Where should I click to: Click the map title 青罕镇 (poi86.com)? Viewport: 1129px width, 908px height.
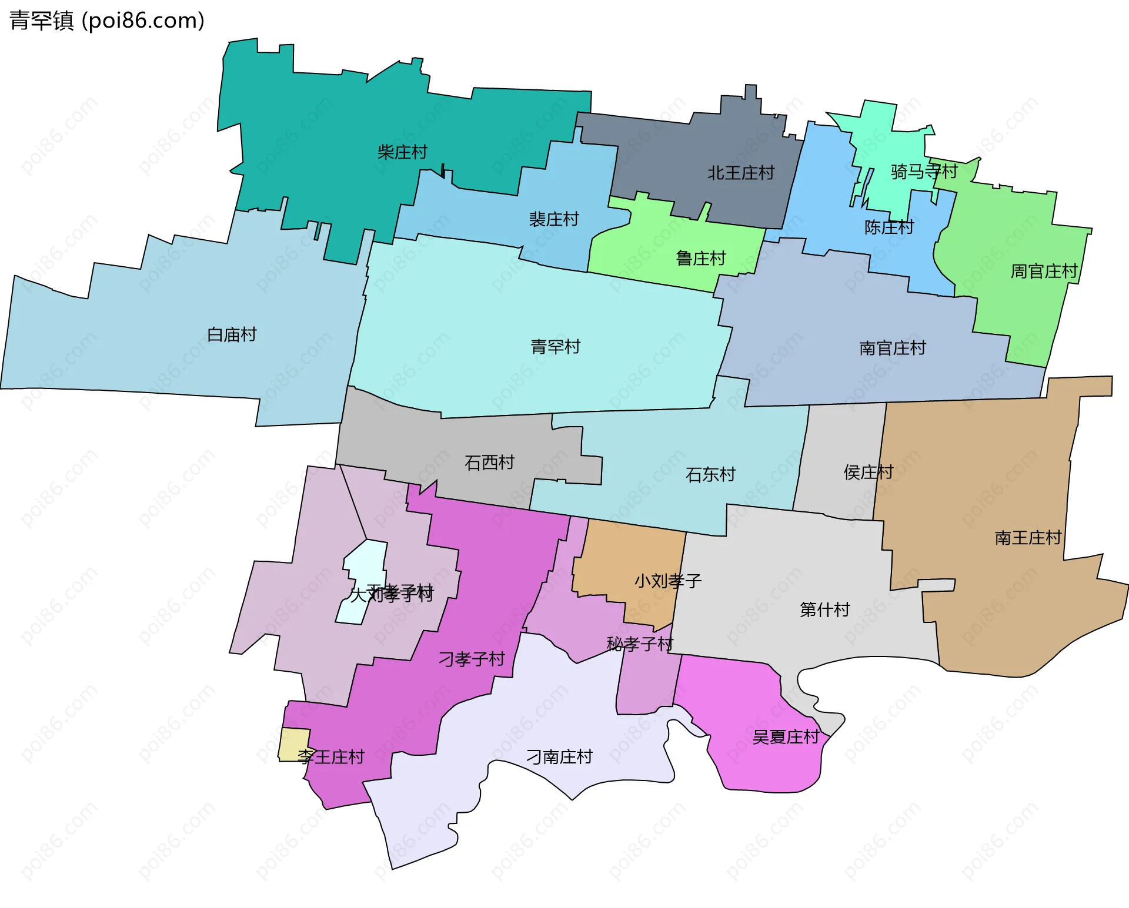click(x=107, y=21)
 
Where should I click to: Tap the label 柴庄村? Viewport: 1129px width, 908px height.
click(x=402, y=152)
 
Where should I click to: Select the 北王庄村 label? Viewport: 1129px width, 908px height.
click(x=741, y=173)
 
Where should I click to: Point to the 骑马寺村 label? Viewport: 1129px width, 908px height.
click(x=924, y=172)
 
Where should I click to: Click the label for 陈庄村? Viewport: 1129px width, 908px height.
click(x=889, y=227)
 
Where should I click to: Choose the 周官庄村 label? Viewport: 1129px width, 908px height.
click(x=1044, y=271)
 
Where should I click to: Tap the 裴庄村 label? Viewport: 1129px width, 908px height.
click(x=554, y=219)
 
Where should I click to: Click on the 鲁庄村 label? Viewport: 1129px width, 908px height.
click(x=701, y=258)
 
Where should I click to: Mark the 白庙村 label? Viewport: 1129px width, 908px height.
click(x=232, y=334)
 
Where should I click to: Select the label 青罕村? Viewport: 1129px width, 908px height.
click(x=555, y=347)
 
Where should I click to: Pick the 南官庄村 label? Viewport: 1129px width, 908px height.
click(x=893, y=348)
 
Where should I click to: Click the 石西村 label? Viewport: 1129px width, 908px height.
click(x=489, y=463)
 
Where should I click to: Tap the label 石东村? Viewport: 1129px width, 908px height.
click(x=710, y=474)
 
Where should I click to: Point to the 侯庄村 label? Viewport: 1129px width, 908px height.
click(x=868, y=472)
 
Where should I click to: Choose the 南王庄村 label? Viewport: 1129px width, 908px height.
click(x=1028, y=538)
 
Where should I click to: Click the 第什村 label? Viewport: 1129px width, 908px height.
click(x=824, y=609)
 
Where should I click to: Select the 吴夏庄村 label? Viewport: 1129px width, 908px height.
click(x=786, y=736)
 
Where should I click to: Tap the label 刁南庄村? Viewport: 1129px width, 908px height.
click(x=559, y=756)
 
